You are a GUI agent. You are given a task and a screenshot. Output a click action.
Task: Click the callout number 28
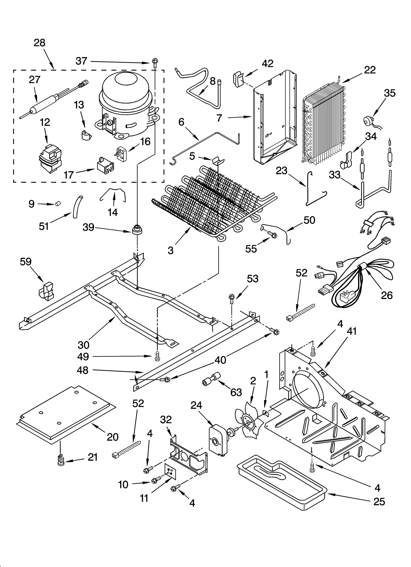pyautogui.click(x=39, y=43)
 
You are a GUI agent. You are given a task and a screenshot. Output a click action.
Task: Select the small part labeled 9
pyautogui.click(x=58, y=204)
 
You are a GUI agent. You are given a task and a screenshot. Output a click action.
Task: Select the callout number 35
pyautogui.click(x=389, y=93)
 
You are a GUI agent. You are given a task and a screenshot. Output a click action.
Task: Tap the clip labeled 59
pyautogui.click(x=46, y=291)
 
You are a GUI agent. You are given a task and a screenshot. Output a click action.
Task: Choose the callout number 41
pyautogui.click(x=351, y=331)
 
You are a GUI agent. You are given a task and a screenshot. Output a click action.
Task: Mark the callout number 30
pyautogui.click(x=83, y=345)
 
